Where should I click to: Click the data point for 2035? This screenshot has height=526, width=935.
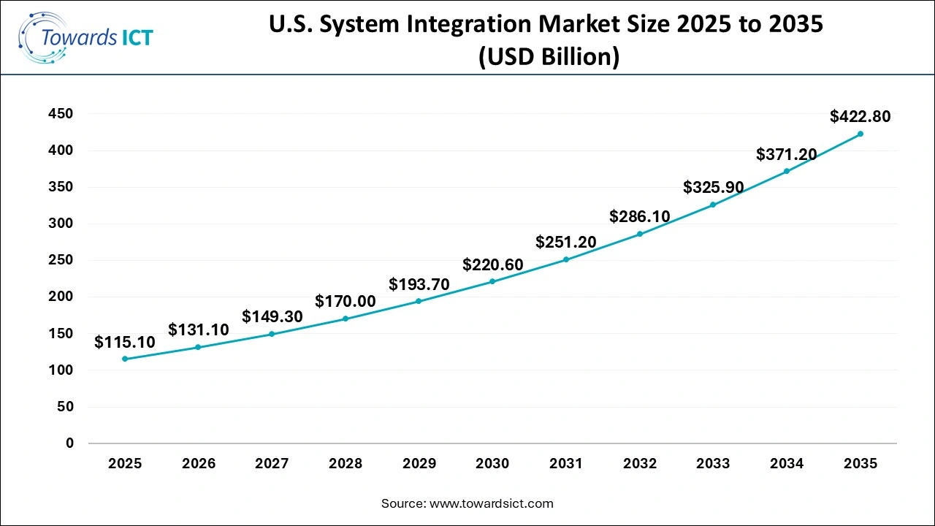tap(860, 134)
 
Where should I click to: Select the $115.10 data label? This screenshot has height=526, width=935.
tap(125, 342)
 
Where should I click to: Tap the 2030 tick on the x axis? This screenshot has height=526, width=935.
tap(492, 463)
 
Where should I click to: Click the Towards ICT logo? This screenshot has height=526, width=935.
tap(86, 37)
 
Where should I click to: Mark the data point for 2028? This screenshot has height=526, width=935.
tap(346, 319)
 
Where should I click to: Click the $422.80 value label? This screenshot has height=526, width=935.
tap(860, 116)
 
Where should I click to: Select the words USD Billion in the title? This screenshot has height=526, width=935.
tap(549, 57)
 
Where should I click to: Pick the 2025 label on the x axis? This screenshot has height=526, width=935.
tap(125, 463)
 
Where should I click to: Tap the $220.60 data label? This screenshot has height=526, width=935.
tap(492, 264)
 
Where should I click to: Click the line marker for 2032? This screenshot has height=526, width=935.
tap(639, 234)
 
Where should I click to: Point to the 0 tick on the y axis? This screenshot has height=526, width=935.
tap(70, 443)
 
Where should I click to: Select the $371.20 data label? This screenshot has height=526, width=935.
tap(786, 154)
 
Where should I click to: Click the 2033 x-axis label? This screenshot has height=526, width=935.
tap(713, 463)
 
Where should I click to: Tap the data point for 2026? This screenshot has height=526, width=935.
tap(198, 347)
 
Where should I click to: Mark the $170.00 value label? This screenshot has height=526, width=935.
tap(346, 301)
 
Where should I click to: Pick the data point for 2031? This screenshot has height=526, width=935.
tap(566, 259)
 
